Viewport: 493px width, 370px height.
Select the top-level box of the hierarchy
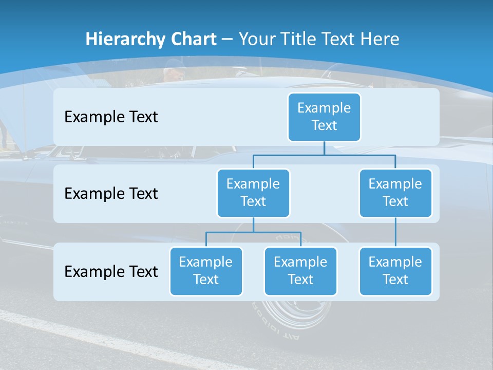click(x=324, y=117)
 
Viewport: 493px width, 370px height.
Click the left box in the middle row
click(x=253, y=193)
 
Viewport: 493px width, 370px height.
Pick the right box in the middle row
click(x=395, y=193)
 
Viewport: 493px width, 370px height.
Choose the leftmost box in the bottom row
click(x=206, y=271)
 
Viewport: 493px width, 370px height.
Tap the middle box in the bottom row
click(x=300, y=271)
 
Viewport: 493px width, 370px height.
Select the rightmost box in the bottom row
click(x=395, y=271)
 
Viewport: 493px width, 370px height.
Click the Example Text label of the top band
click(x=111, y=117)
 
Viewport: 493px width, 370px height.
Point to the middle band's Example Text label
click(x=111, y=194)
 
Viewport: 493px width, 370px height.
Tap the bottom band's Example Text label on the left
click(x=111, y=271)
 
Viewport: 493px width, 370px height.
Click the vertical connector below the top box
click(x=324, y=148)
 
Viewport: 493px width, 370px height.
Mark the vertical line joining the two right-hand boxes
click(x=395, y=232)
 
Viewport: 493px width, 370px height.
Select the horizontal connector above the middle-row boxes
click(x=324, y=155)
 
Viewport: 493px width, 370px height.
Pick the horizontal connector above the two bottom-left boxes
click(x=253, y=232)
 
